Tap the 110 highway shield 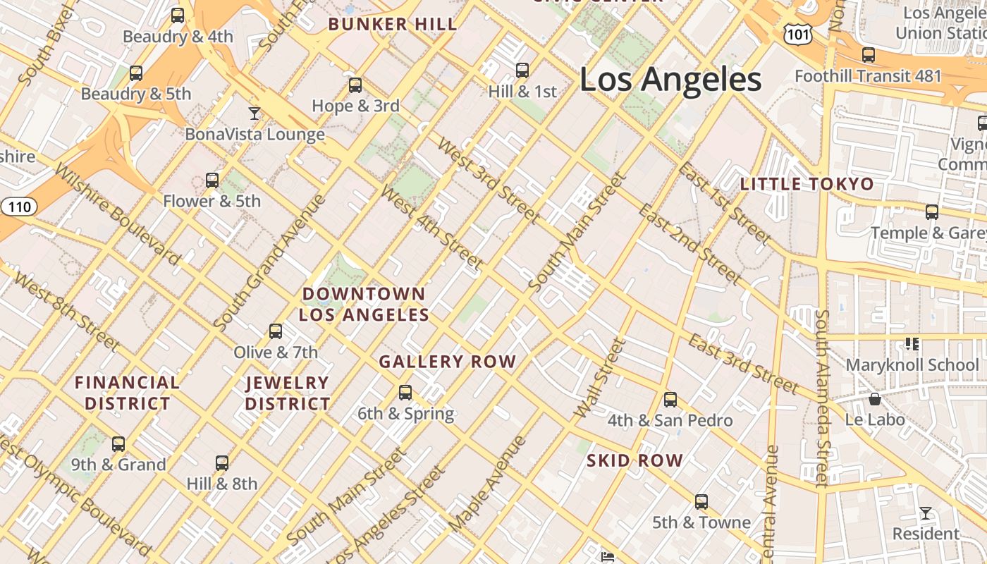pos(19,207)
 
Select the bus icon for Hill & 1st pos(522,70)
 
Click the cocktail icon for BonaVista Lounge pos(255,113)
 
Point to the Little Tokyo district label pos(807,185)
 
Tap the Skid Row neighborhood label pos(635,461)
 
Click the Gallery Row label pos(448,362)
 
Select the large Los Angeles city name pos(670,79)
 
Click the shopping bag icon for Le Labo pos(875,399)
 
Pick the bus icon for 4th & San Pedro pos(670,400)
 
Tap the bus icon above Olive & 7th pos(276,331)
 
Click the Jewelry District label pos(288,393)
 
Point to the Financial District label pos(127,393)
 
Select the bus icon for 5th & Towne pos(701,502)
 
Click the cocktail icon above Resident pos(926,513)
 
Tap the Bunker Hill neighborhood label pos(393,25)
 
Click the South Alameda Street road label pos(822,398)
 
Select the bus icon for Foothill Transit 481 pos(869,55)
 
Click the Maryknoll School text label pos(912,365)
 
